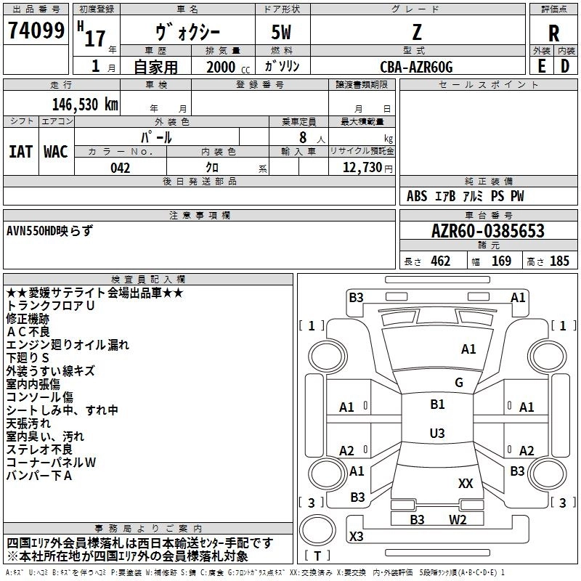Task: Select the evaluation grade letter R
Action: coord(553,33)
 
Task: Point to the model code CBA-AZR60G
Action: coord(416,67)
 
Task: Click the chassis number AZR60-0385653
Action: coord(488,232)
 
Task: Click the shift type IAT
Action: coord(21,152)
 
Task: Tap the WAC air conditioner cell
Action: coord(56,152)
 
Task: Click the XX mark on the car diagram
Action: coord(466,483)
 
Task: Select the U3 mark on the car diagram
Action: coord(437,434)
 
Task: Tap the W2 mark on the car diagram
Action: coord(458,519)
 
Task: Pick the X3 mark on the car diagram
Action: coord(357,537)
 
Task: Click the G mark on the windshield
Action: coord(459,383)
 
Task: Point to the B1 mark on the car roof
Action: coord(437,405)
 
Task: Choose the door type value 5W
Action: coord(284,33)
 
